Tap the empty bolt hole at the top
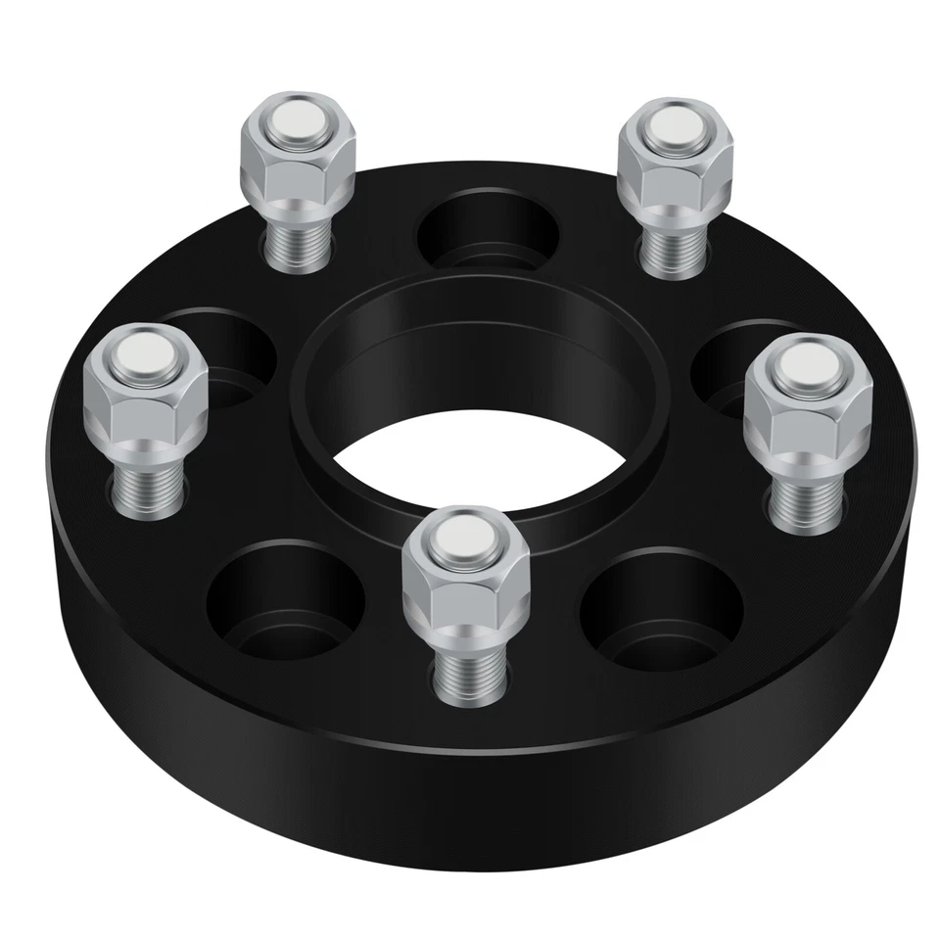(487, 228)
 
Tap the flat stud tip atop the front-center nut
(466, 534)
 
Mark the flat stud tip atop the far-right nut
(805, 364)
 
